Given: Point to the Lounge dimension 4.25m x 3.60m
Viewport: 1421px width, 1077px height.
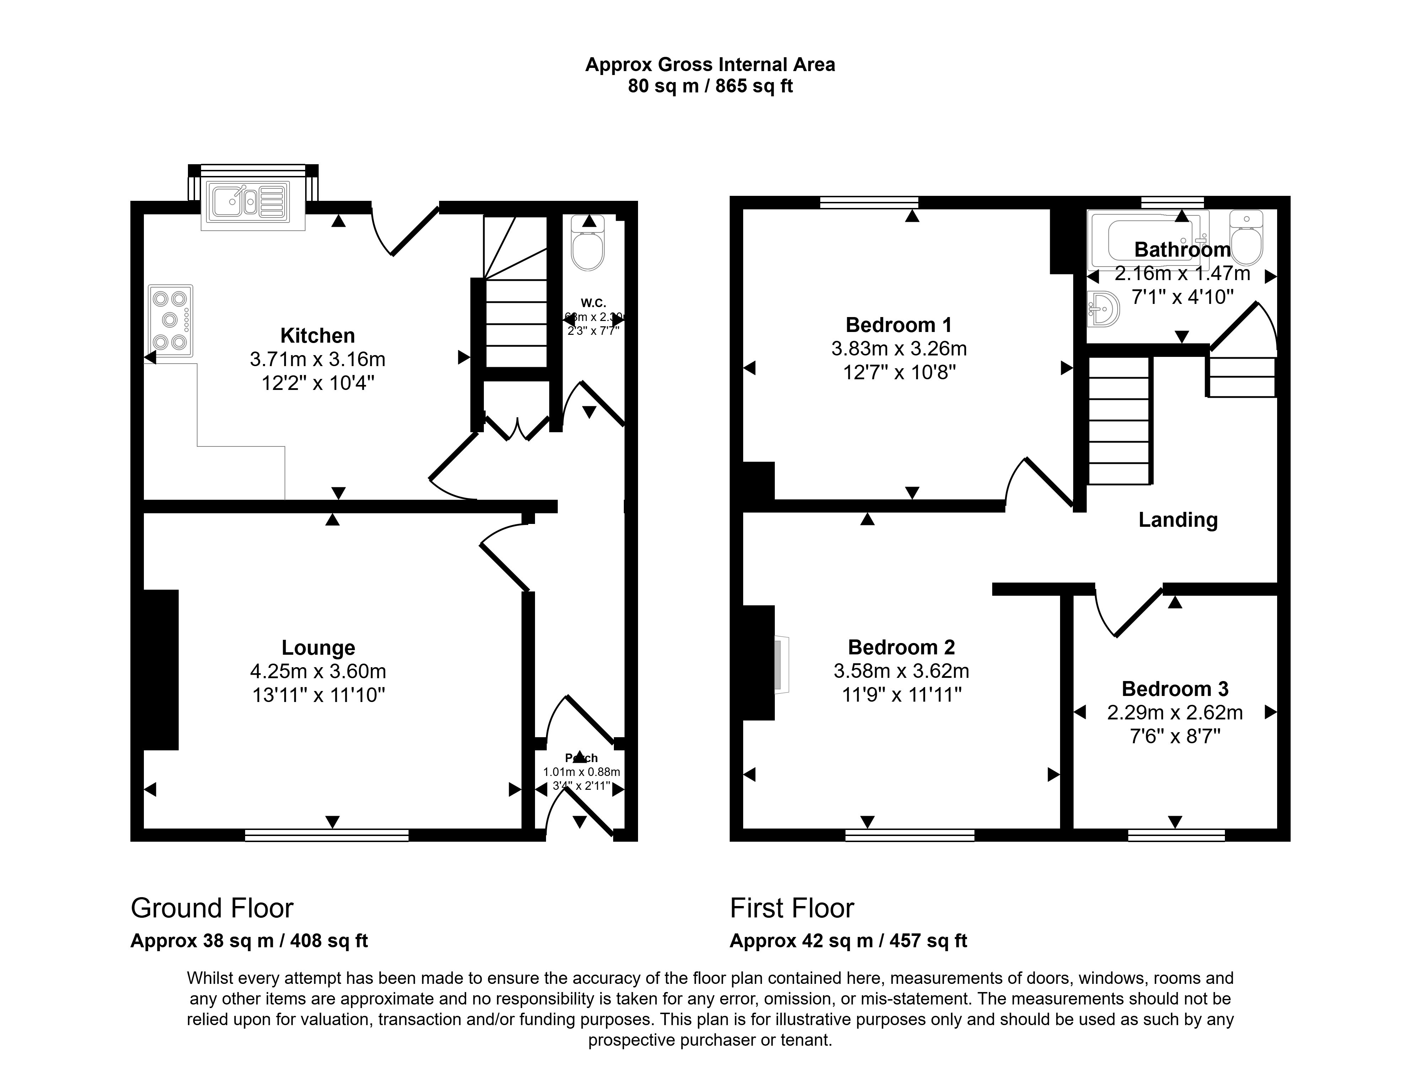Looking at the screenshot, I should click(318, 671).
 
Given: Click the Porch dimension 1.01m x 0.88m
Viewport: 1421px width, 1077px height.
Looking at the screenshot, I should click(582, 772).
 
